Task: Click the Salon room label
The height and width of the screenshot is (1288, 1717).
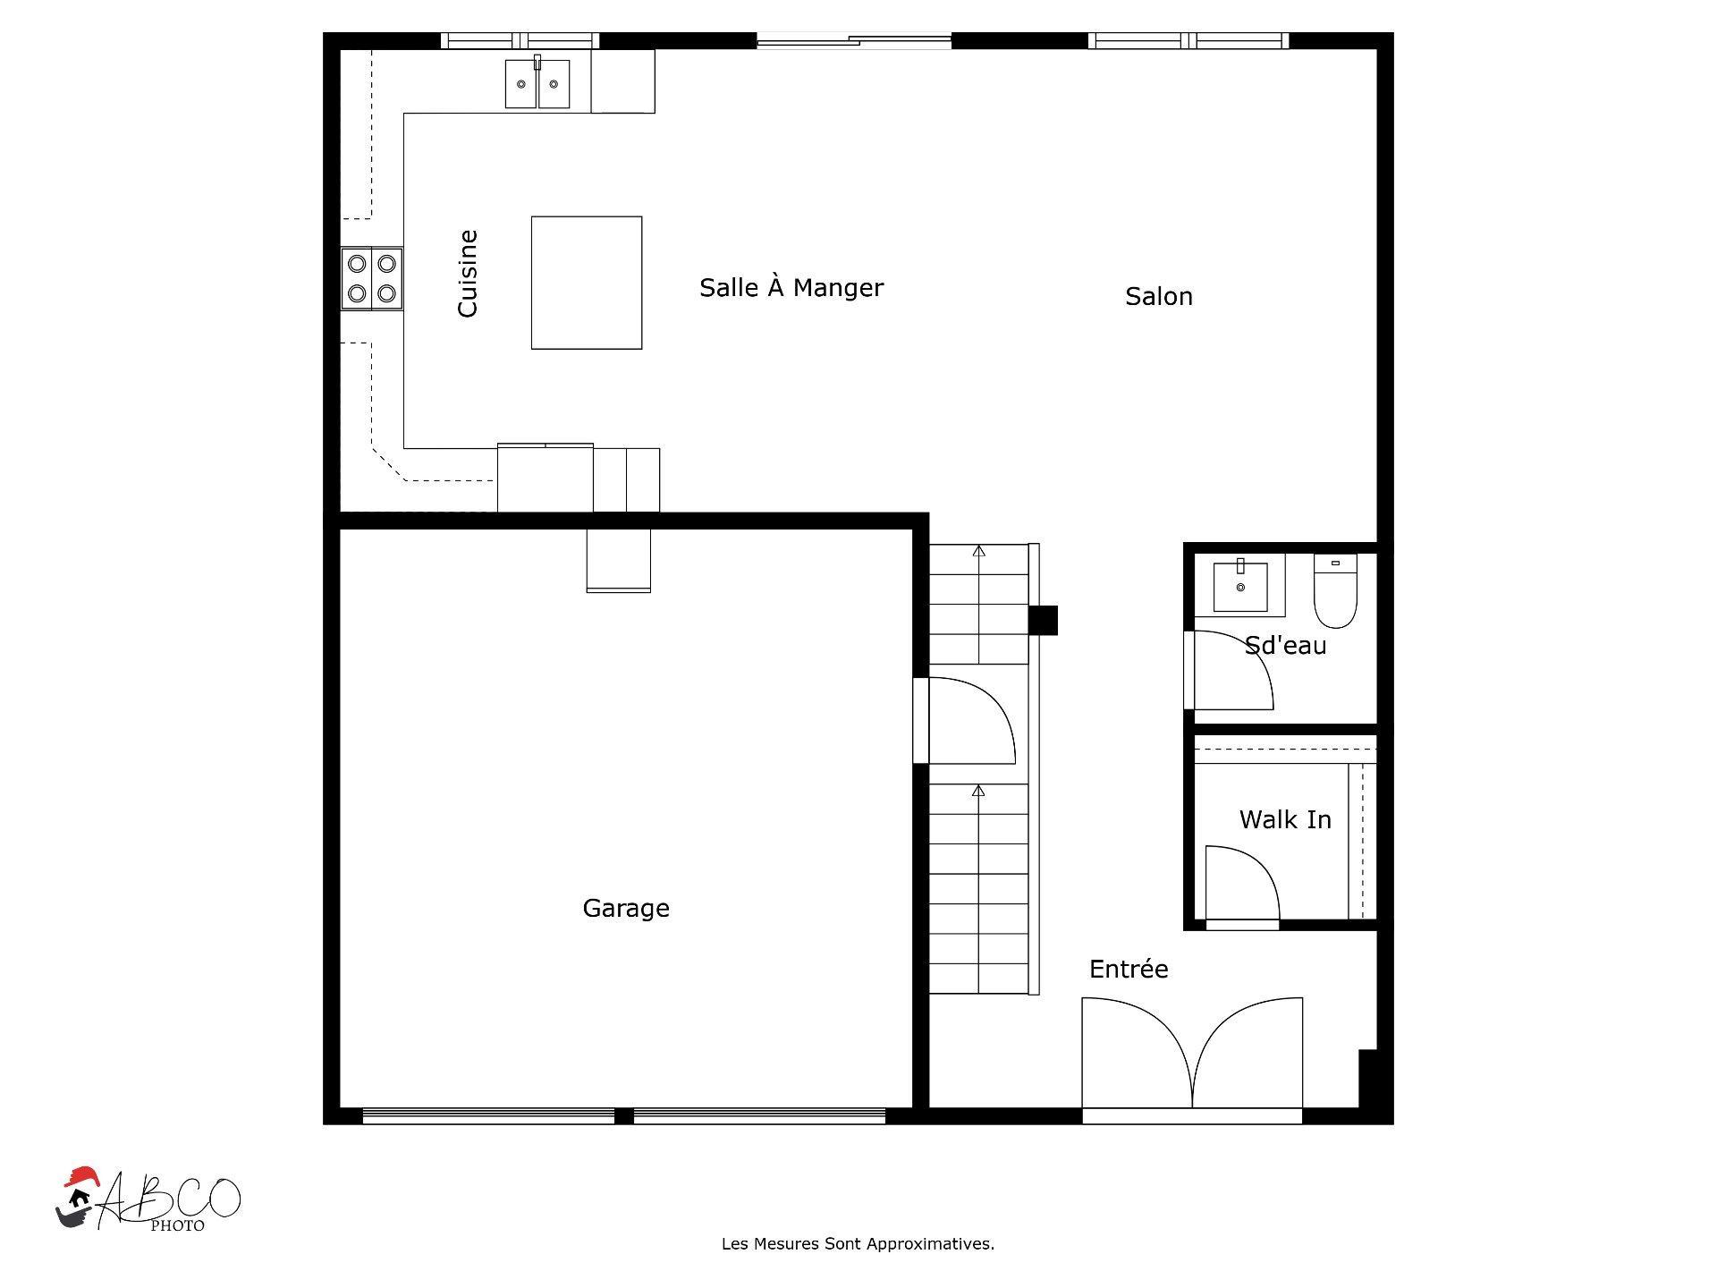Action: click(x=1158, y=297)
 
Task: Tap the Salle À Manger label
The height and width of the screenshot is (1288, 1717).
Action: click(x=791, y=288)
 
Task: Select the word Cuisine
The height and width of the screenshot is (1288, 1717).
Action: click(x=468, y=274)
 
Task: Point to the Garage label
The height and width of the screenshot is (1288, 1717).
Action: click(x=625, y=909)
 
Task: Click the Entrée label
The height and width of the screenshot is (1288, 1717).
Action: click(x=1128, y=970)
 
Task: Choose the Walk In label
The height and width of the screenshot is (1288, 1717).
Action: click(x=1284, y=820)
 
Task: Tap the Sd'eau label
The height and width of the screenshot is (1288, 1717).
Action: click(x=1285, y=646)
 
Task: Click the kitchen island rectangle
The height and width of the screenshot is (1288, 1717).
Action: click(x=586, y=283)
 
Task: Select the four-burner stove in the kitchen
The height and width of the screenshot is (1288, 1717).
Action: click(x=372, y=278)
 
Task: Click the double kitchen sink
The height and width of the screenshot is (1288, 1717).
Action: click(x=537, y=84)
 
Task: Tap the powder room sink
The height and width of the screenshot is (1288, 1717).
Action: click(x=1239, y=586)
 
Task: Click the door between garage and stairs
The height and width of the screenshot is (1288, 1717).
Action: click(x=969, y=721)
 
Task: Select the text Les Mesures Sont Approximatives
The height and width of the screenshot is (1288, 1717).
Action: click(x=858, y=1244)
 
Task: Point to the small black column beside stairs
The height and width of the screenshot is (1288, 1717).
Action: click(x=1044, y=620)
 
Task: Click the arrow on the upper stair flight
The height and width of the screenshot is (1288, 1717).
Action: click(x=978, y=552)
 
